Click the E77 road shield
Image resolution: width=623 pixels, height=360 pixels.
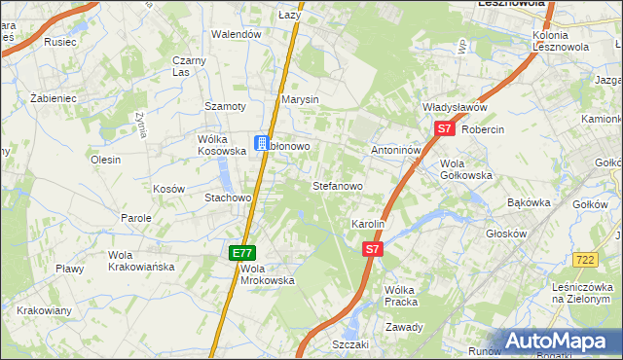coord(242,253)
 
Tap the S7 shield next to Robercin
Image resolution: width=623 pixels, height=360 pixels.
coord(444,128)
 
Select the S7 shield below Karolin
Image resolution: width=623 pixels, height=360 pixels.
coord(371,250)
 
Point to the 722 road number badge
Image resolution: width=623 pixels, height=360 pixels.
coord(585,260)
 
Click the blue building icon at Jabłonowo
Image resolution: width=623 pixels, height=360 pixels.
coord(262,143)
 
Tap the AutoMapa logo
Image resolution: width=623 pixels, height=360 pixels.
coord(562,342)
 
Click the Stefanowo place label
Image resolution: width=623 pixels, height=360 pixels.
coord(337,185)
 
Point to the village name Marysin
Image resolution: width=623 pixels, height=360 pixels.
coord(300,100)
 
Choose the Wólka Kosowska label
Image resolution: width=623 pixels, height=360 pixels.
coord(218,145)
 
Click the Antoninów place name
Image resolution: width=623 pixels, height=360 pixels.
coord(395,151)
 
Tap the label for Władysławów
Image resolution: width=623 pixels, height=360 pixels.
coord(454,108)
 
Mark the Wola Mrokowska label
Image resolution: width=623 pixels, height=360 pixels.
coord(267,274)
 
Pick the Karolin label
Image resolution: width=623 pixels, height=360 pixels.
coord(369,224)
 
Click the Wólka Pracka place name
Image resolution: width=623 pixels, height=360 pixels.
coord(401,296)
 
